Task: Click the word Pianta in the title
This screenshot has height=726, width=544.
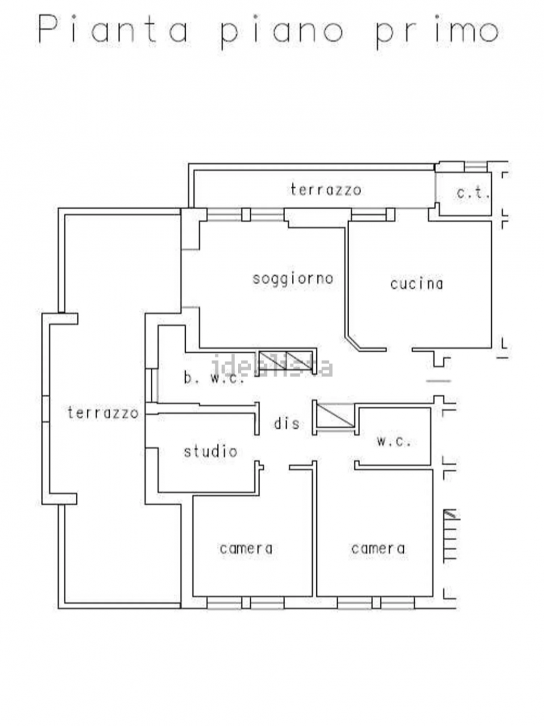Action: (114, 29)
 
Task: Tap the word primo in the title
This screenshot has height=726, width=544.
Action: (438, 32)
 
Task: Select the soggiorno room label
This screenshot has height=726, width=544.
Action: (292, 280)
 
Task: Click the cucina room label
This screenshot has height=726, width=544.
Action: (417, 284)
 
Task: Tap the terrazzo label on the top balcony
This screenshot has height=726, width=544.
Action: (326, 190)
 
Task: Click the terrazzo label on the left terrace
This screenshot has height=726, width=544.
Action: (103, 413)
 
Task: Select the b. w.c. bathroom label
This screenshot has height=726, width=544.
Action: (214, 379)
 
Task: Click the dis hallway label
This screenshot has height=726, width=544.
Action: (287, 423)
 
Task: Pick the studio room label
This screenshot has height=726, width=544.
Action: (211, 451)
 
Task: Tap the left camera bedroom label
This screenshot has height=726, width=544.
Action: (246, 548)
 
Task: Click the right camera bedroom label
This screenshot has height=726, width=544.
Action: (378, 548)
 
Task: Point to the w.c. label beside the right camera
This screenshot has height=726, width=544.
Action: (394, 441)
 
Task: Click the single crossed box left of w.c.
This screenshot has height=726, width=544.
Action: (335, 415)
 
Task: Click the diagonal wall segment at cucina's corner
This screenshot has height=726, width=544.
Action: (352, 343)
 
